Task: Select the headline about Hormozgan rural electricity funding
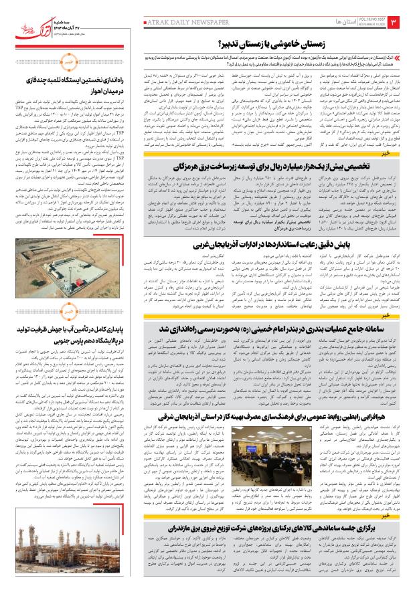[269, 165]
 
